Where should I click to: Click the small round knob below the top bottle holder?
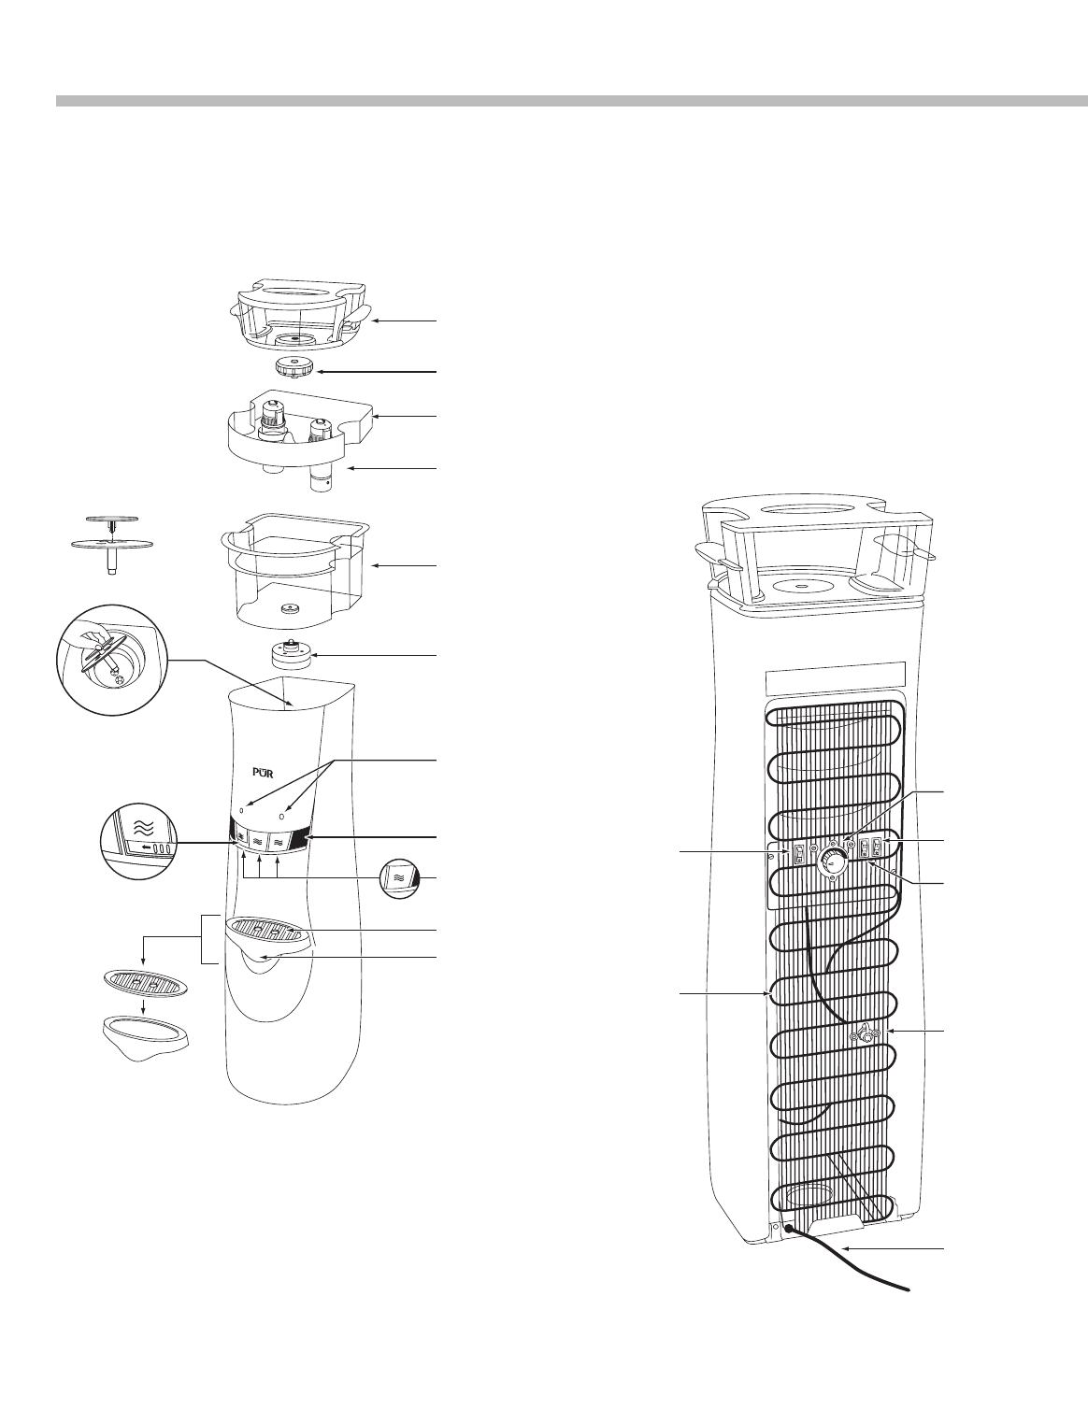click(295, 366)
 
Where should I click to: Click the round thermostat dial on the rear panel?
click(831, 863)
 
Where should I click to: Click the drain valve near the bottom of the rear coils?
click(866, 1035)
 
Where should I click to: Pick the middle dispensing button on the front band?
click(257, 842)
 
